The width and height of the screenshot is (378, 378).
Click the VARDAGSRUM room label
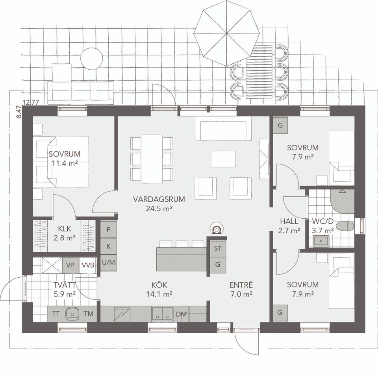coord(159,199)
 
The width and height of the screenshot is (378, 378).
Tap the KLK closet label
coord(65,228)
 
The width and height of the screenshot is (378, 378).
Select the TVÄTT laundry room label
coord(65,285)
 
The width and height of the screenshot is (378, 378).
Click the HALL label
coord(289,221)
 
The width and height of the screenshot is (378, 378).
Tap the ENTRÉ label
coord(241,285)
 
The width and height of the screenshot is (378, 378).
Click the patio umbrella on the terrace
coord(227,33)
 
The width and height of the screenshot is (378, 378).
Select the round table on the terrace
coord(92,59)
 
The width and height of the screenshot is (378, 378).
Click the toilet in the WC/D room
coord(345,226)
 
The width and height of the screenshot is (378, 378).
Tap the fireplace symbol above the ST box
coord(217,229)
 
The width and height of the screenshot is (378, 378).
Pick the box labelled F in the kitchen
coord(108,229)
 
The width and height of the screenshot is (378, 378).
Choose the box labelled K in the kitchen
coord(108,246)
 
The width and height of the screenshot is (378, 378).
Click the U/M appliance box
coord(108,262)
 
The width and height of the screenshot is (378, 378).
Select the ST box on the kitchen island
coord(218,248)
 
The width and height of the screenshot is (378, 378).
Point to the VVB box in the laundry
coord(88,266)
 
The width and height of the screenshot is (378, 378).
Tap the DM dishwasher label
coord(181,314)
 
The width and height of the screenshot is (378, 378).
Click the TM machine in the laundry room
coord(89,313)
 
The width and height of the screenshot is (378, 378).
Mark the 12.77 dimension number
coord(31,102)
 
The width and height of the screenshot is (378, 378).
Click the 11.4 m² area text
coord(65,164)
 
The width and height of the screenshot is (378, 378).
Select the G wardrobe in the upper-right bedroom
coord(280,125)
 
